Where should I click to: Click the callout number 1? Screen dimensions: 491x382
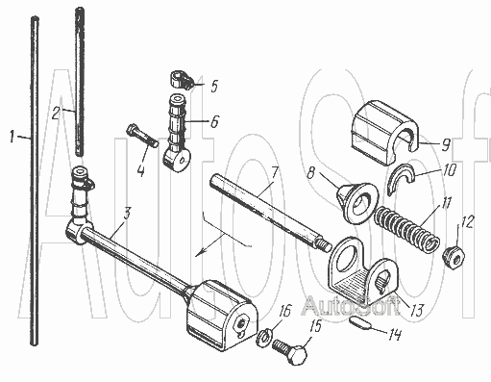point(12,137)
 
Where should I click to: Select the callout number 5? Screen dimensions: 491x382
point(214,86)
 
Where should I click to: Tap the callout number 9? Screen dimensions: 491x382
point(446,144)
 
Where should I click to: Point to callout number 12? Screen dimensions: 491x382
point(467,221)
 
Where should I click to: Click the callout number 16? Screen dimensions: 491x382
point(284,311)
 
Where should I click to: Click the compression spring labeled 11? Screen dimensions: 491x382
point(406,228)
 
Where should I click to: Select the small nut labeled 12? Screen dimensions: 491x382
point(454,257)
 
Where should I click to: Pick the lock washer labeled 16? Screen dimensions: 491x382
point(264,339)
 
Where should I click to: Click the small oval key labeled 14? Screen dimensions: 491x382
point(360,323)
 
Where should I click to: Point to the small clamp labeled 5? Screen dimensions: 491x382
point(181,80)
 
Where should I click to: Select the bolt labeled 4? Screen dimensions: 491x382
point(142,136)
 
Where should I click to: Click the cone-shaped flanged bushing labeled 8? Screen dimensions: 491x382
point(356,202)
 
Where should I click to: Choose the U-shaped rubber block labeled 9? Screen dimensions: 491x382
point(384,131)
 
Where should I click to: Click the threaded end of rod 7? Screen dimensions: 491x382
point(324,245)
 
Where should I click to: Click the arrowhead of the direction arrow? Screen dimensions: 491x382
point(200,253)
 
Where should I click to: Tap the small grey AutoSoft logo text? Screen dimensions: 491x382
point(352,306)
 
